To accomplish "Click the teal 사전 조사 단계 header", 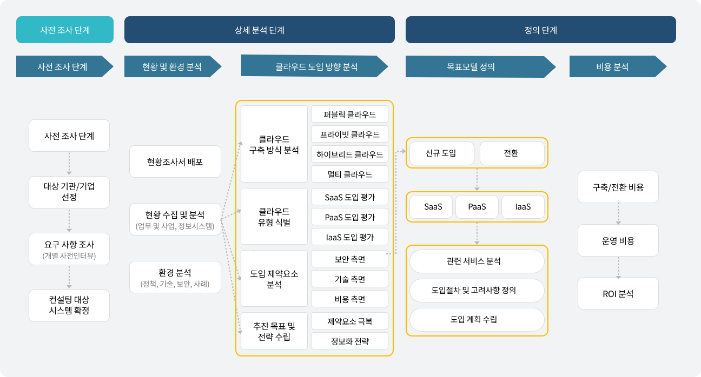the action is (x=65, y=30).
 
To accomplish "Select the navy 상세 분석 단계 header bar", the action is (x=260, y=30).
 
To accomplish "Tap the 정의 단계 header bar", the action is (x=541, y=30).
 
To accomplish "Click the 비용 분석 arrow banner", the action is (x=618, y=66).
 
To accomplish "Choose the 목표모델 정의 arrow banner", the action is (x=481, y=66).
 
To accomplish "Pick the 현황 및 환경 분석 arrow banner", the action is (x=173, y=66).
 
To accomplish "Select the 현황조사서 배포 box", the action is (x=175, y=161).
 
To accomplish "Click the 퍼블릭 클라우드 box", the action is (x=349, y=115).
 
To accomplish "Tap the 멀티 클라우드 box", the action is (x=349, y=174).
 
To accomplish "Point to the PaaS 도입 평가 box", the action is (x=349, y=217).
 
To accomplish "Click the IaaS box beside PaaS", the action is (x=523, y=207).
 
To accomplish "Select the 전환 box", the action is (x=512, y=153).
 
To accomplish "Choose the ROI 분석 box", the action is (x=618, y=293).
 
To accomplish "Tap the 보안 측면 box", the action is (x=349, y=259).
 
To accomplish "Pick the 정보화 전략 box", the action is (x=349, y=341).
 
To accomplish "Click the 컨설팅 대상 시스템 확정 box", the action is (x=69, y=305).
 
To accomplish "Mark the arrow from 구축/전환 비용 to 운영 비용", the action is (x=618, y=214).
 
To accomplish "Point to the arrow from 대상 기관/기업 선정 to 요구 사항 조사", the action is (x=69, y=221).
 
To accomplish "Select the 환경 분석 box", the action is (x=175, y=277).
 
